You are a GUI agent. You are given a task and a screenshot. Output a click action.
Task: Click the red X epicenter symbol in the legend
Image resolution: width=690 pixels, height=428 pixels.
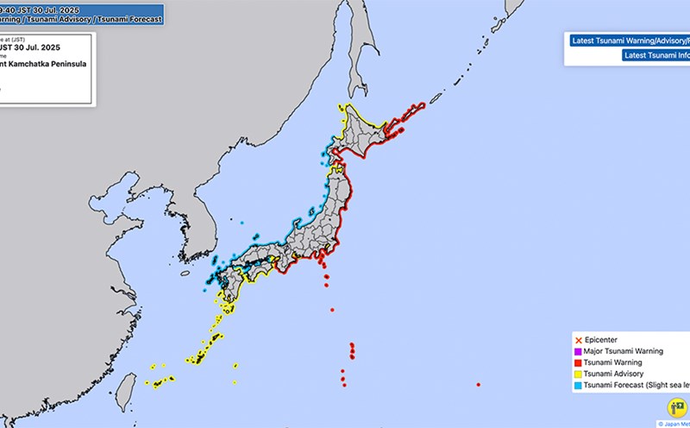(x=579, y=340)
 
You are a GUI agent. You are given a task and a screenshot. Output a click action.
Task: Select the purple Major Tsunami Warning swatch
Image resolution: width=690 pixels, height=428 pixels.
(x=579, y=351)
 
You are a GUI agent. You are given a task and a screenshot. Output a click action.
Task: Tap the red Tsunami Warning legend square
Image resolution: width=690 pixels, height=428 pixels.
(x=579, y=363)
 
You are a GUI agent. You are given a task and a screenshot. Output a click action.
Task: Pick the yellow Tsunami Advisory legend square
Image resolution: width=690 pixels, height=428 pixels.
(x=579, y=374)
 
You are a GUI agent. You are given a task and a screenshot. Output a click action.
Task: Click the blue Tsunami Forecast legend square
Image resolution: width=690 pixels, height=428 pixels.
(x=579, y=387)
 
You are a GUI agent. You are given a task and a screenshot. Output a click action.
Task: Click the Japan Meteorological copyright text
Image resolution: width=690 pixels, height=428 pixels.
(x=673, y=424)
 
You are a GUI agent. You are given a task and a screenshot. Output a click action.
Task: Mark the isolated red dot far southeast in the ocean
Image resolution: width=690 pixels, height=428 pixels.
(x=478, y=385)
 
